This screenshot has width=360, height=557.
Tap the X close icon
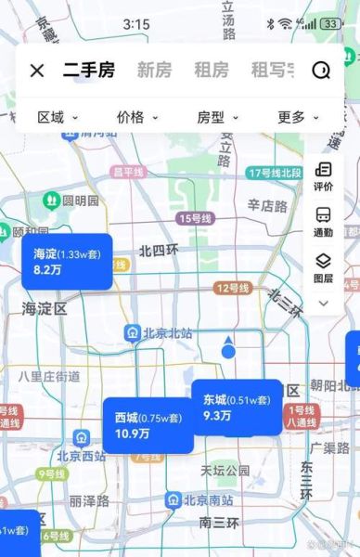pos(37,70)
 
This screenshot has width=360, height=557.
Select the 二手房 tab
pos(89,70)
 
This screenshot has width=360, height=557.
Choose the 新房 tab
pos(155,70)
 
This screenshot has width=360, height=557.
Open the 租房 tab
pos(211,70)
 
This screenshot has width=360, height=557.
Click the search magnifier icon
pos(321,71)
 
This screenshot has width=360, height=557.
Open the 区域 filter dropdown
pos(57,118)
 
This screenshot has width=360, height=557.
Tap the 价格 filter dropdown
pos(137,118)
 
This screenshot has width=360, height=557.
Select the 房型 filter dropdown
pos(217,118)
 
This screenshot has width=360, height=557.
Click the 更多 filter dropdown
pos(298,118)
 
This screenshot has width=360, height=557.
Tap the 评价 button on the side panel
pos(324,176)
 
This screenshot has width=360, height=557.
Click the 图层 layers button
pos(324,267)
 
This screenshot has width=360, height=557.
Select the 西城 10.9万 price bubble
pos(148,425)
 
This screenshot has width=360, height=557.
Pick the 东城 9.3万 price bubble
pos(237,407)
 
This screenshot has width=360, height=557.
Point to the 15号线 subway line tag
pos(195,218)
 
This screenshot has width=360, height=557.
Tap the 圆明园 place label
pos(71,201)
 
